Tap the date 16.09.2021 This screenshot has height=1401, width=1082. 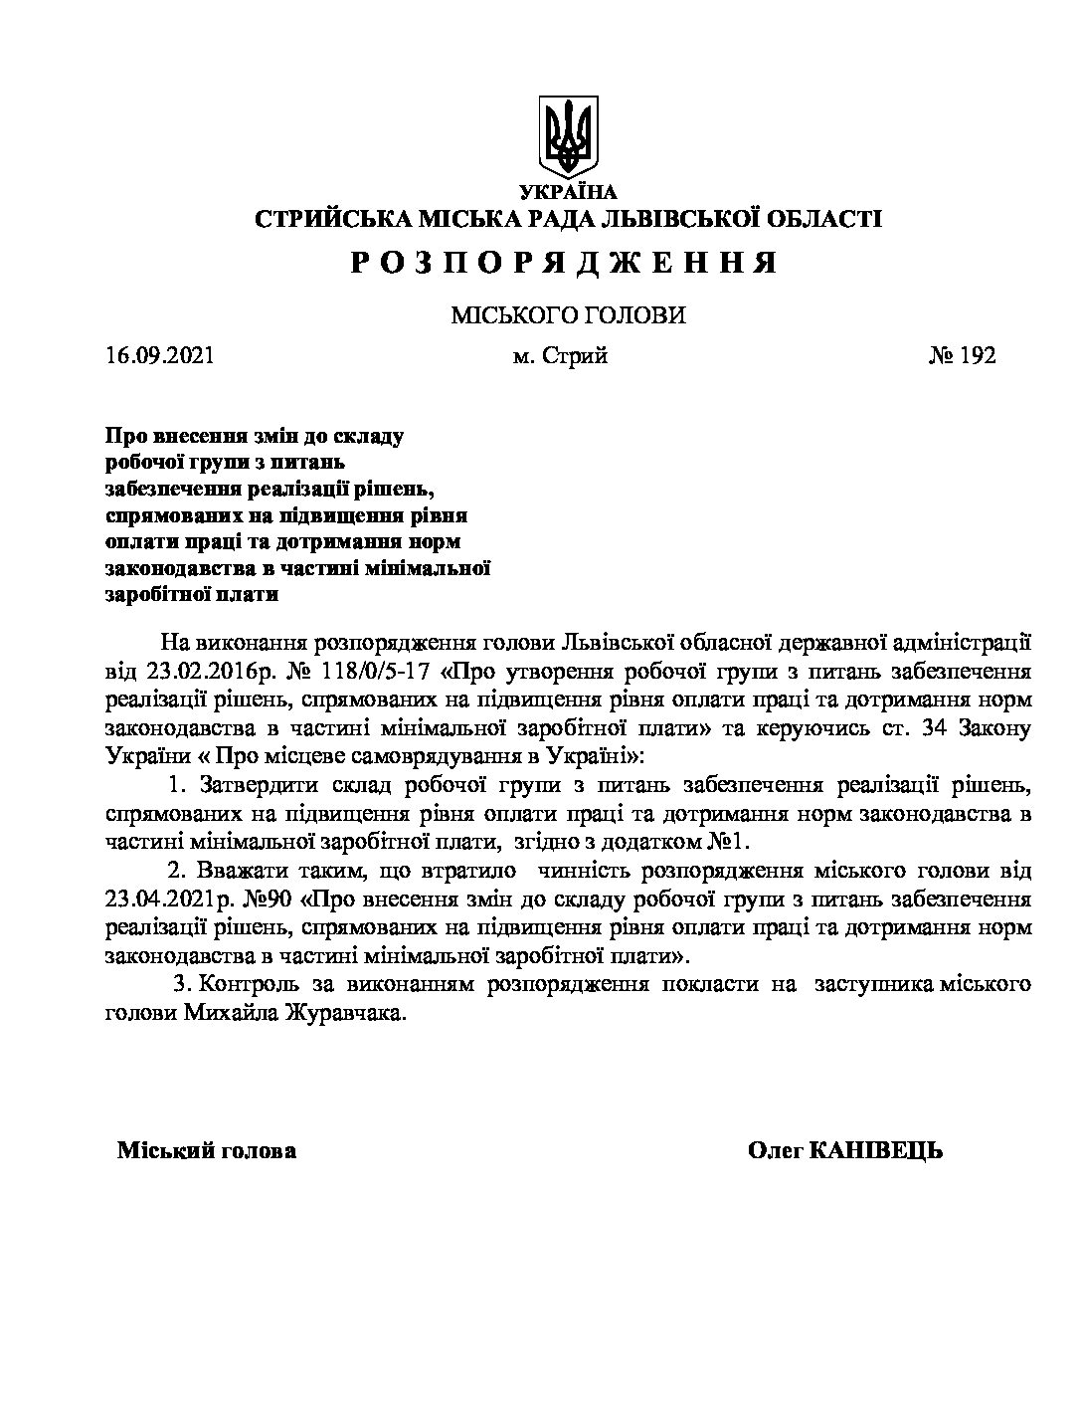click(x=159, y=355)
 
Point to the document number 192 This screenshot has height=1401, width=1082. click(x=978, y=355)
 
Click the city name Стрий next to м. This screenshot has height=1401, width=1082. click(x=575, y=355)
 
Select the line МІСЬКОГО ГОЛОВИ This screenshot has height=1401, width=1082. click(x=568, y=315)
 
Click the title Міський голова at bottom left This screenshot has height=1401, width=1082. click(x=207, y=1151)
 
